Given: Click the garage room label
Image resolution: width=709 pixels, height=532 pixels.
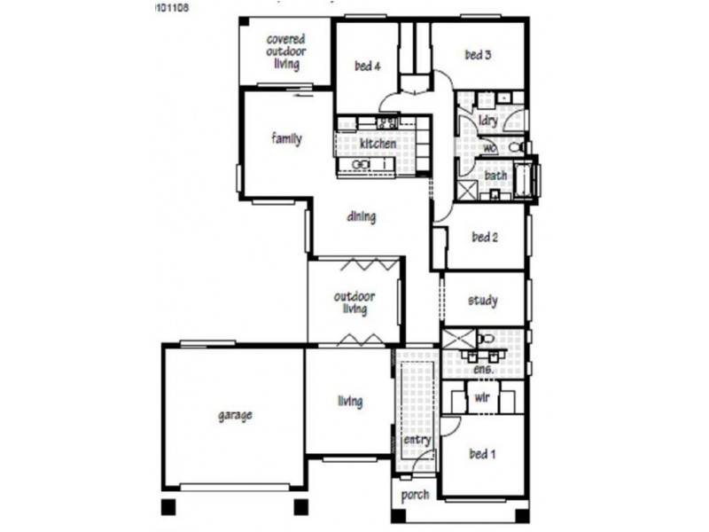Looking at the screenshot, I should (x=235, y=415).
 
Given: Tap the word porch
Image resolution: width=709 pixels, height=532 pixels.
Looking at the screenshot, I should (x=415, y=495).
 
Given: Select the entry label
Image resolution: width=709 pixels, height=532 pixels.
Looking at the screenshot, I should (x=417, y=440).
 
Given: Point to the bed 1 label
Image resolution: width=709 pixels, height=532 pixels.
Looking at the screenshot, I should (x=482, y=455).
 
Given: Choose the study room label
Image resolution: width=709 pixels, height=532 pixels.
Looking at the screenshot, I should (x=482, y=301).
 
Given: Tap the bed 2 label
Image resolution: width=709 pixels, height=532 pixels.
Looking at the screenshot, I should (x=485, y=237).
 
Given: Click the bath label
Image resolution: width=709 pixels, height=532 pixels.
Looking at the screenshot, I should (x=495, y=176).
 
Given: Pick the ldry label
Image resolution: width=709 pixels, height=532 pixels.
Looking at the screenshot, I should (x=487, y=121).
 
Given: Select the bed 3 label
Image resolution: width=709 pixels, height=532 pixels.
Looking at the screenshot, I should (x=478, y=55).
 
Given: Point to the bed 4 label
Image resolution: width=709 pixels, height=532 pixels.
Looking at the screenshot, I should (x=367, y=66).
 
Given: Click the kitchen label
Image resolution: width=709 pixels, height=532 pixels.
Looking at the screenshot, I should (x=378, y=144).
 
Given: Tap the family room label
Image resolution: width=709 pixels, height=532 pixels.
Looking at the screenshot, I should (x=286, y=139).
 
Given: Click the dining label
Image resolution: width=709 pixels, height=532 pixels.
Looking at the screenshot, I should (x=362, y=216).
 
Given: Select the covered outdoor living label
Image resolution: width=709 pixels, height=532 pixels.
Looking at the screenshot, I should (x=286, y=51).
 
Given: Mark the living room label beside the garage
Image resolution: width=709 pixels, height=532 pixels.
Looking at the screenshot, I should (x=350, y=402).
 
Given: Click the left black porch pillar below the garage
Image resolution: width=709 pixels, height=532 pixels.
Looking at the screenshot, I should (x=168, y=507).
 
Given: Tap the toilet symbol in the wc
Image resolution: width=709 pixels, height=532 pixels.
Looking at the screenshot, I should (x=517, y=147).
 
